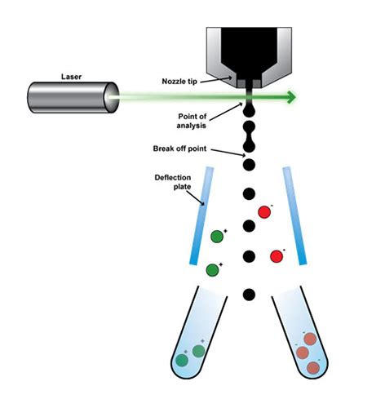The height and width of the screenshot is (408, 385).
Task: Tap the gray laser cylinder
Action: pyautogui.click(x=70, y=99)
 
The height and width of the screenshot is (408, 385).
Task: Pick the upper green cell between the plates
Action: pyautogui.click(x=217, y=237)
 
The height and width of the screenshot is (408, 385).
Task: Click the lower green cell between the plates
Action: pyautogui.click(x=214, y=268)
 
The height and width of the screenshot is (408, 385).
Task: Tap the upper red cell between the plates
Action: pyautogui.click(x=264, y=213)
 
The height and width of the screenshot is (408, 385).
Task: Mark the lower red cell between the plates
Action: pyautogui.click(x=277, y=256)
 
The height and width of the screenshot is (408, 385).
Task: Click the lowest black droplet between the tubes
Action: pyautogui.click(x=250, y=294)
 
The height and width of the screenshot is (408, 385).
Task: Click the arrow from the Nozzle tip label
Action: pyautogui.click(x=228, y=82)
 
